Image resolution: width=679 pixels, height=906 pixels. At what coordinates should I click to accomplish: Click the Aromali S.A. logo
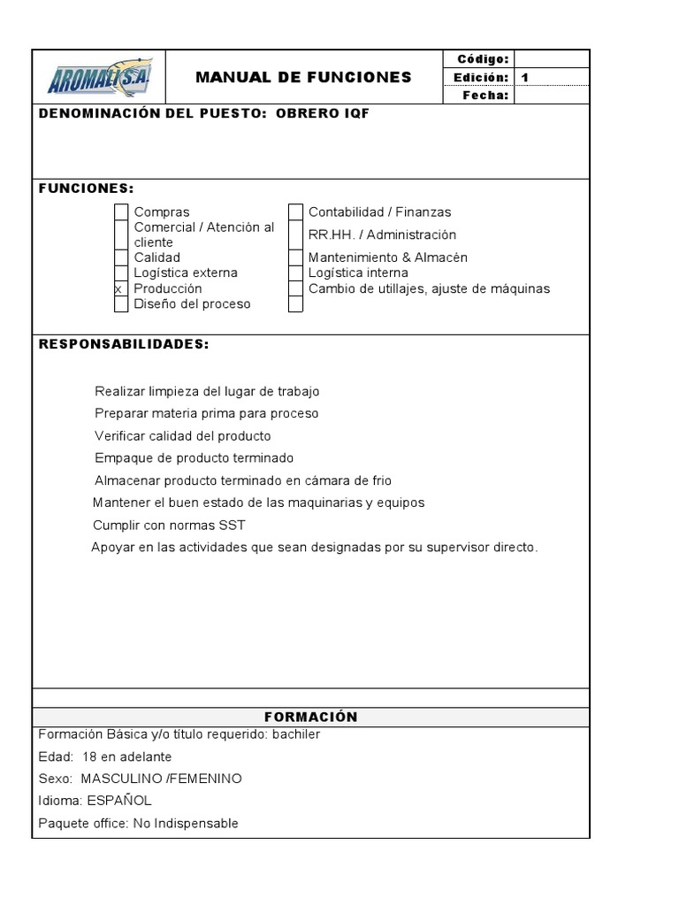pyautogui.click(x=99, y=77)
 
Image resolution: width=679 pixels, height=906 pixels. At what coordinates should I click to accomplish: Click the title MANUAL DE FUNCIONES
pyautogui.click(x=303, y=77)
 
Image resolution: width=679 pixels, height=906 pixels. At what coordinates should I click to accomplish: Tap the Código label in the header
pyautogui.click(x=483, y=59)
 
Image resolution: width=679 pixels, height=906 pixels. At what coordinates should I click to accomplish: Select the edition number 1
pyautogui.click(x=525, y=77)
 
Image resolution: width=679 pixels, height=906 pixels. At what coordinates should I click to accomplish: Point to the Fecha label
pyautogui.click(x=486, y=96)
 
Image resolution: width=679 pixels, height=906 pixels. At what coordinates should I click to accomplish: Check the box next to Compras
pyautogui.click(x=121, y=212)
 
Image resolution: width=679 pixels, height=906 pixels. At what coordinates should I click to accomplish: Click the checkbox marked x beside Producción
pyautogui.click(x=121, y=288)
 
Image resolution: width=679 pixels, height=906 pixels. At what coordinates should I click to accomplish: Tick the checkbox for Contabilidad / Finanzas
pyautogui.click(x=295, y=212)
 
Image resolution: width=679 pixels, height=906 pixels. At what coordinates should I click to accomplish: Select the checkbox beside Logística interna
pyautogui.click(x=295, y=273)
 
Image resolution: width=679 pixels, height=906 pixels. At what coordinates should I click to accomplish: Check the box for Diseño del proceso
pyautogui.click(x=121, y=304)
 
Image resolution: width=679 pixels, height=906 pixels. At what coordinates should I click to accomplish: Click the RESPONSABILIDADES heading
pyautogui.click(x=124, y=344)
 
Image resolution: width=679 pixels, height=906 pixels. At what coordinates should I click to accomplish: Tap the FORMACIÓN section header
pyautogui.click(x=310, y=717)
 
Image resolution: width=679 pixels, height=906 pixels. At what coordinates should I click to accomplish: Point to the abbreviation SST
pyautogui.click(x=232, y=525)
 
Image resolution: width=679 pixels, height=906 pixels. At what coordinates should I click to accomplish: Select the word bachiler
pyautogui.click(x=297, y=733)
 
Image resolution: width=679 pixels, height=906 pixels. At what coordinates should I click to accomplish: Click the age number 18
pyautogui.click(x=89, y=756)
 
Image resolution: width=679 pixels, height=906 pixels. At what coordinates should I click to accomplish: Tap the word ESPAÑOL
pyautogui.click(x=119, y=801)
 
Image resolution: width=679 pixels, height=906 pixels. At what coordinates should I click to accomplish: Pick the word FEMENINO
pyautogui.click(x=210, y=779)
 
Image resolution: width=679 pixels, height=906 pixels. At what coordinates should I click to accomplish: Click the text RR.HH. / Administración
pyautogui.click(x=382, y=234)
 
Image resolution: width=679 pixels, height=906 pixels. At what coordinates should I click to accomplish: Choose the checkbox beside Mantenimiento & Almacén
pyautogui.click(x=295, y=257)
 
